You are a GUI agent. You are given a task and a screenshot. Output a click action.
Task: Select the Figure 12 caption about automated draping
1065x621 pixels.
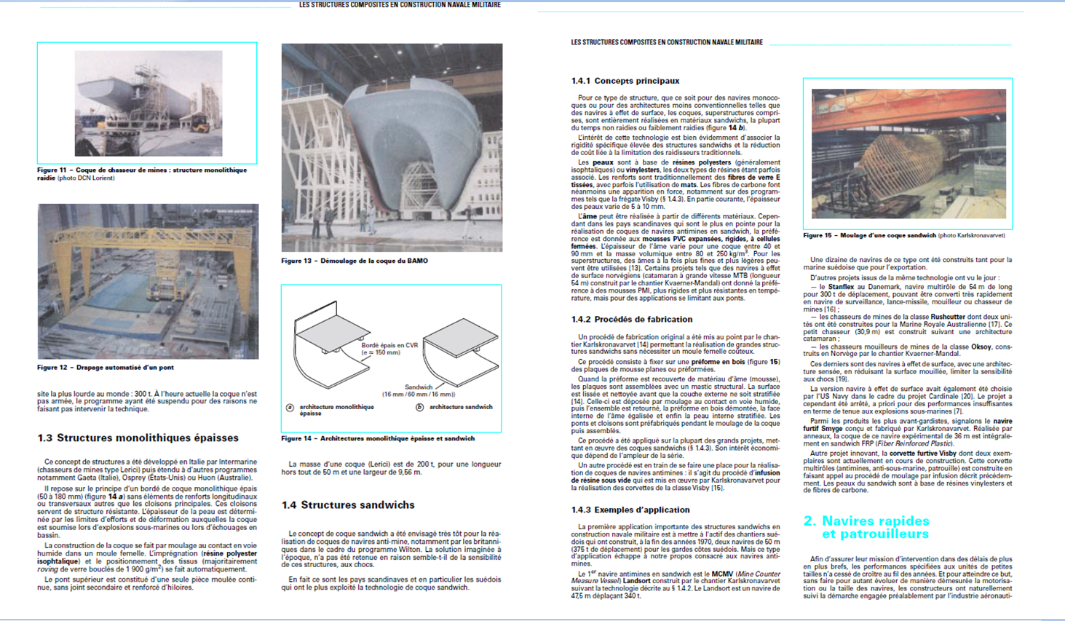click(x=106, y=368)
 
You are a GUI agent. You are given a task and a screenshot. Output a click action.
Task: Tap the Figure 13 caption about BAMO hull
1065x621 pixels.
click(x=355, y=261)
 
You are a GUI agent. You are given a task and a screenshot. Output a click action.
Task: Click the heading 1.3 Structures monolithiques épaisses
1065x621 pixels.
click(x=138, y=438)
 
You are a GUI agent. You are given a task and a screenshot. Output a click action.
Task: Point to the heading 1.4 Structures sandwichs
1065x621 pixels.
click(x=348, y=505)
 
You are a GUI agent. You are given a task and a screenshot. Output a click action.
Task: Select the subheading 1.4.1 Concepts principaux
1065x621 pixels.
click(x=625, y=81)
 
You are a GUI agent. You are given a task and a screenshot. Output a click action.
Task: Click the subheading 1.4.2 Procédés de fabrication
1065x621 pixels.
click(x=631, y=320)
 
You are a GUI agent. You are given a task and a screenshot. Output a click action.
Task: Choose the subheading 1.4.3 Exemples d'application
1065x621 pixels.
click(x=630, y=510)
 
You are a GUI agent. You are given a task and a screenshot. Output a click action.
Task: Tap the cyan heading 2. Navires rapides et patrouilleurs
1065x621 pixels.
click(x=866, y=527)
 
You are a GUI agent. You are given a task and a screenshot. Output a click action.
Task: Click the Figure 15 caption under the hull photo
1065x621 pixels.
click(x=903, y=236)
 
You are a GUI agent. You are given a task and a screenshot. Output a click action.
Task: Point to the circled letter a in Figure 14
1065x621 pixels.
click(x=290, y=408)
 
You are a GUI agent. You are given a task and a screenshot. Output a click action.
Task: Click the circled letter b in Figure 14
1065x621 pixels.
click(x=419, y=408)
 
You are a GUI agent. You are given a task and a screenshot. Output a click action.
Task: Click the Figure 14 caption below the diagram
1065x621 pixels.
click(x=378, y=438)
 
